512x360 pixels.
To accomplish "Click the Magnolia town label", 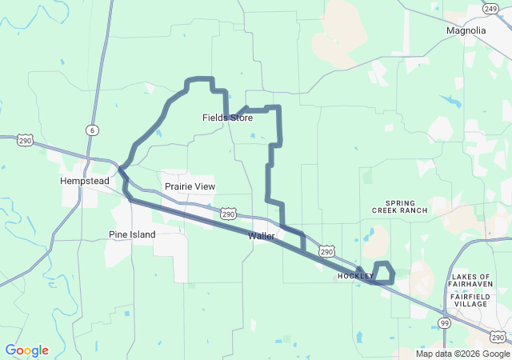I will pos(466,30).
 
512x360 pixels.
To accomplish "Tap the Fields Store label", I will pos(227,118).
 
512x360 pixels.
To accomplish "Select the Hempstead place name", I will pos(84,181).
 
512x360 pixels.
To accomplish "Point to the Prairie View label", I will pos(190,186).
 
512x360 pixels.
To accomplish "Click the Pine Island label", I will pos(132,234).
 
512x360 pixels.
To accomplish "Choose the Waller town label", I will pos(262,236).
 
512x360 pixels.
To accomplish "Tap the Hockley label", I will pos(355,276).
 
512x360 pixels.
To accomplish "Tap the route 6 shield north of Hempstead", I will pos(94,130).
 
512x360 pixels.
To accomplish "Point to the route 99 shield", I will pos(444,322).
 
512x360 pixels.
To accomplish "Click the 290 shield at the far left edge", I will pos(25,139).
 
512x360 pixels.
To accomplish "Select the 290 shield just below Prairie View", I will pos(228,214).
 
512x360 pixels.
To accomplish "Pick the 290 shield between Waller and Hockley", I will pos(326,251).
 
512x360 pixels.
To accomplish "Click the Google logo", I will pos(26,350).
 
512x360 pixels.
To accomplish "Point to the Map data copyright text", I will pos(462,354).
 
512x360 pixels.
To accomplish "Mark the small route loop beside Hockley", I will pos(385,273).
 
